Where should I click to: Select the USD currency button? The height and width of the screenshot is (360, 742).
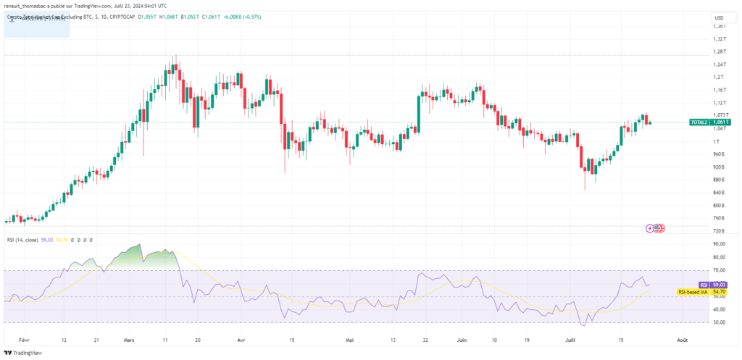pyautogui.click(x=719, y=18)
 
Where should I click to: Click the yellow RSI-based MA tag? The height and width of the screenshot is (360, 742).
pyautogui.click(x=693, y=292)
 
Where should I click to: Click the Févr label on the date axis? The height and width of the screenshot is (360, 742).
pyautogui.click(x=25, y=339)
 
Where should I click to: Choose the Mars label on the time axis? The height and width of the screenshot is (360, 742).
pyautogui.click(x=130, y=339)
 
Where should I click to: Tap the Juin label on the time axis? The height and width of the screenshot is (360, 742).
pyautogui.click(x=459, y=339)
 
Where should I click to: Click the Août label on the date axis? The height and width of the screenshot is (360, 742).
pyautogui.click(x=682, y=339)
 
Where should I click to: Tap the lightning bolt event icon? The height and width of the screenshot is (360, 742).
pyautogui.click(x=650, y=227)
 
